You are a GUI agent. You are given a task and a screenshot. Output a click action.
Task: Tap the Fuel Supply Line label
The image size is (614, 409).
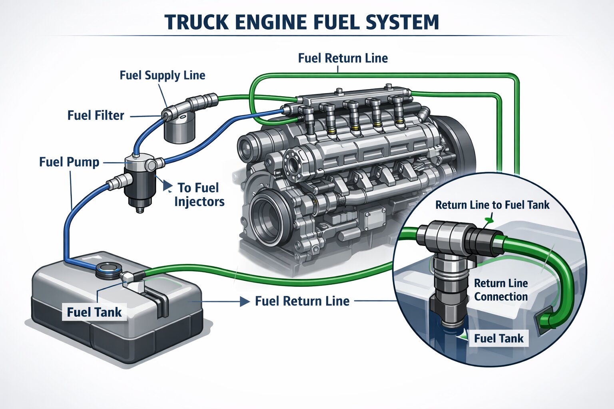point(162,75)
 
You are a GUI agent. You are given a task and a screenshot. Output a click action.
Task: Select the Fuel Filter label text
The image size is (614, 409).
point(96,115)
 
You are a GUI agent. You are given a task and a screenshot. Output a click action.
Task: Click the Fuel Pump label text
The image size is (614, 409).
point(69,162)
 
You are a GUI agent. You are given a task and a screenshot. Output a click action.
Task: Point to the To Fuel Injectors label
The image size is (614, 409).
point(199,195)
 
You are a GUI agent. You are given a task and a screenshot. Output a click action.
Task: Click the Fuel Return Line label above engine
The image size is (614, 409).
point(343,58)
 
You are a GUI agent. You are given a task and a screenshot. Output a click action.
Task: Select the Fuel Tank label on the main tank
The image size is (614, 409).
point(94,312)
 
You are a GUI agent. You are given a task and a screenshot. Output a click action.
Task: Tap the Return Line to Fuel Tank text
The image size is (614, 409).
point(492,205)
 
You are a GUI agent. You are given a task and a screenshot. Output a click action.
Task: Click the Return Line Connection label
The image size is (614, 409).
point(500,290)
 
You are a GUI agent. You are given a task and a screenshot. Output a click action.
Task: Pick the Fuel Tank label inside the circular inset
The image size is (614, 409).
point(498,338)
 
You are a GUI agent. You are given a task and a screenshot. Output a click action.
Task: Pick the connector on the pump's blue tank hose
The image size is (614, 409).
point(113,184)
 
